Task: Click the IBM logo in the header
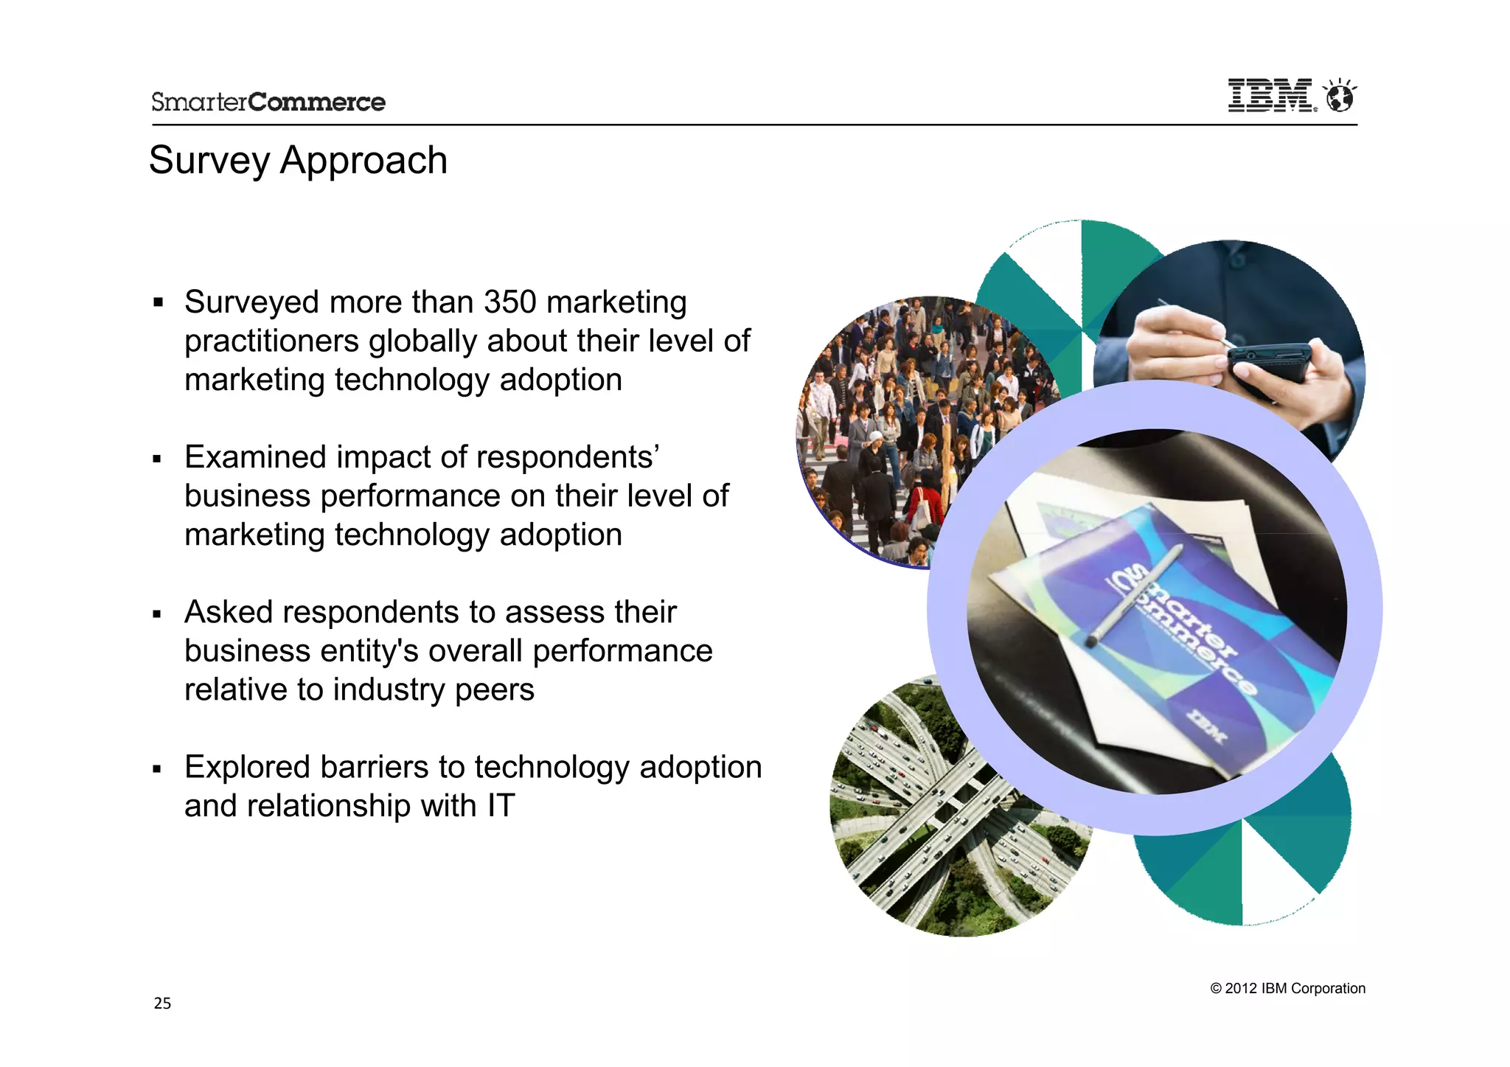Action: [x=1270, y=96]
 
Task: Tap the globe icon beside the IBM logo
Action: [x=1340, y=96]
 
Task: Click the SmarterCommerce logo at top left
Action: [x=268, y=102]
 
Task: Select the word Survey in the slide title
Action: [x=209, y=161]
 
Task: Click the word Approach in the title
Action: [x=363, y=161]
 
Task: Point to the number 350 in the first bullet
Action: [x=509, y=302]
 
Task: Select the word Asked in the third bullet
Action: [x=229, y=612]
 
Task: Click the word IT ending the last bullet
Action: [x=501, y=806]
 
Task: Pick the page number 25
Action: [x=162, y=1003]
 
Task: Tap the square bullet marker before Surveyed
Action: [x=157, y=302]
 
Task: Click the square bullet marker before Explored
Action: [x=157, y=769]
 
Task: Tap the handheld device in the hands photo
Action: [x=1268, y=361]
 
